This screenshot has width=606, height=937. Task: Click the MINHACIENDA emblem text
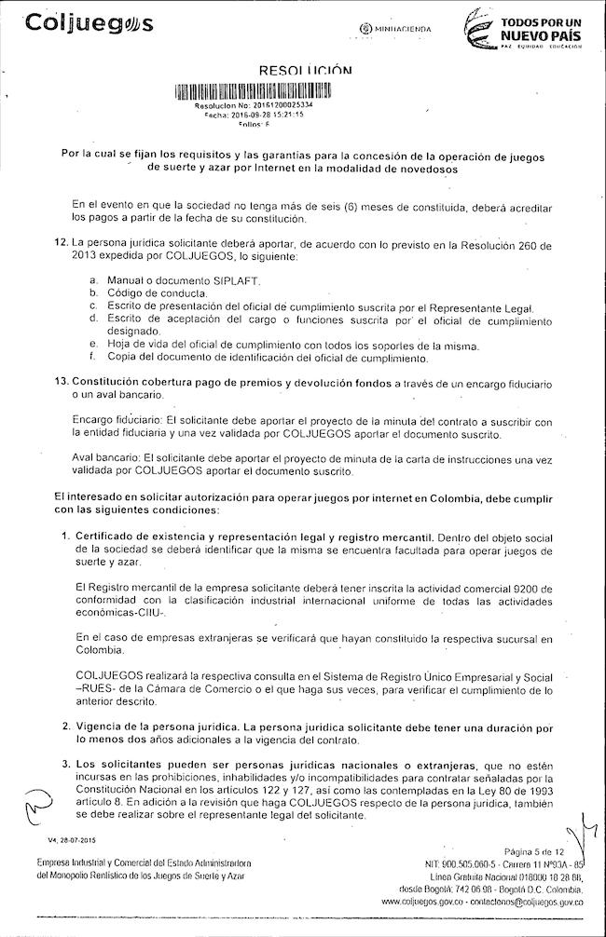click(x=395, y=30)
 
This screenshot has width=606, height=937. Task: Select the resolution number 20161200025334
click(x=275, y=106)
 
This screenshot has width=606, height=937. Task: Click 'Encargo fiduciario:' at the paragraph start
click(x=111, y=419)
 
